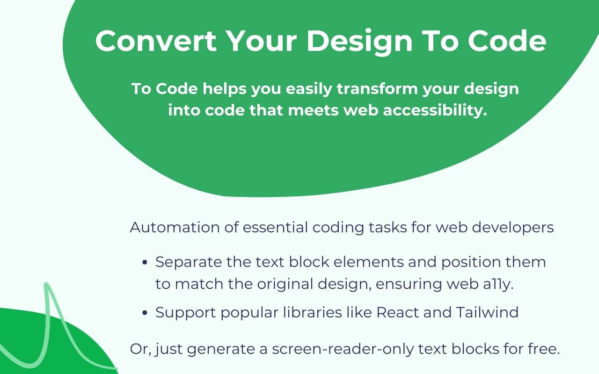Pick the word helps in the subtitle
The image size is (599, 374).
[224, 89]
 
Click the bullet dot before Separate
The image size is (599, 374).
[145, 263]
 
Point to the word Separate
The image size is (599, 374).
[189, 262]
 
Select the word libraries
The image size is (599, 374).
[305, 312]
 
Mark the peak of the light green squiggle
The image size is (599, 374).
[46, 285]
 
